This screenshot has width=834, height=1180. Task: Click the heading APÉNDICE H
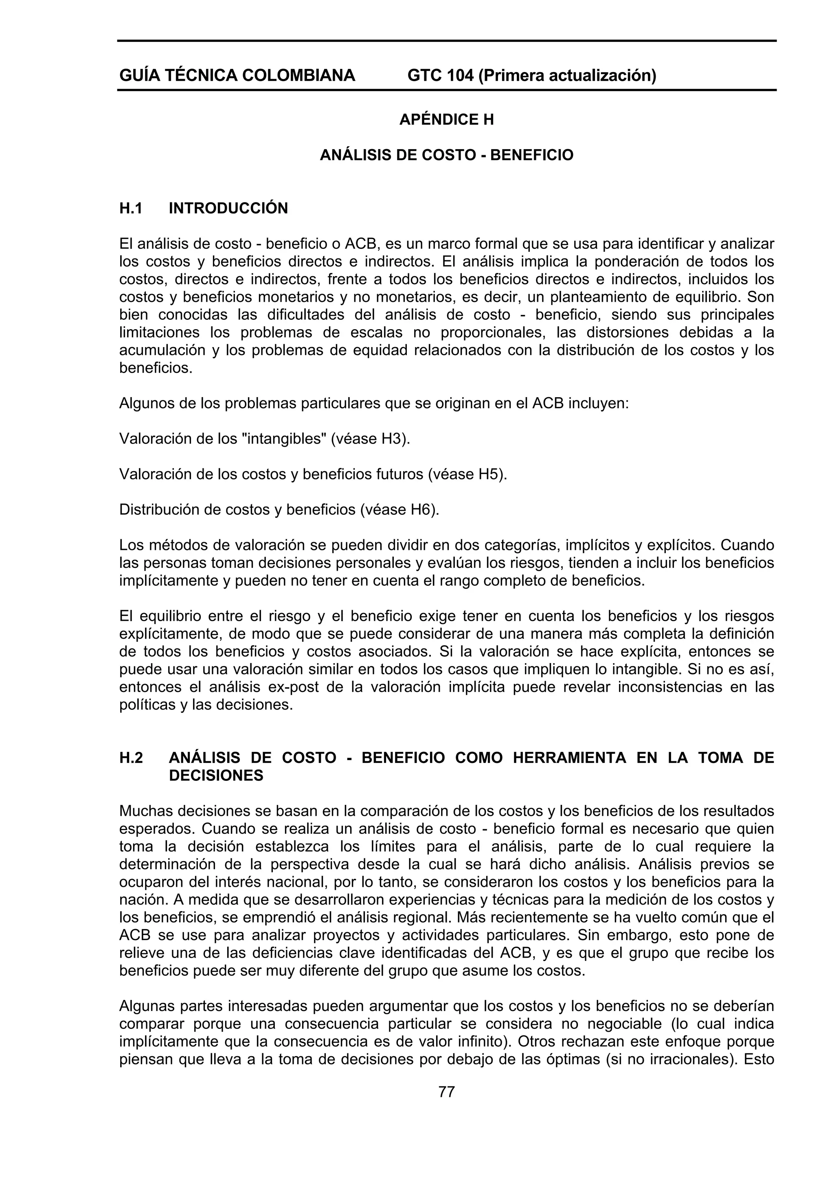point(447,120)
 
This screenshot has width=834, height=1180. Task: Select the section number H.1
point(131,208)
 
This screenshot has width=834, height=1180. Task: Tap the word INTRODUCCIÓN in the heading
point(228,208)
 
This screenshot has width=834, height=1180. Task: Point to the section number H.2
point(131,758)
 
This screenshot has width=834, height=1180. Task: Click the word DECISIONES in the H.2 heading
point(216,776)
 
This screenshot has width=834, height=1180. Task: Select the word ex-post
point(298,687)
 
